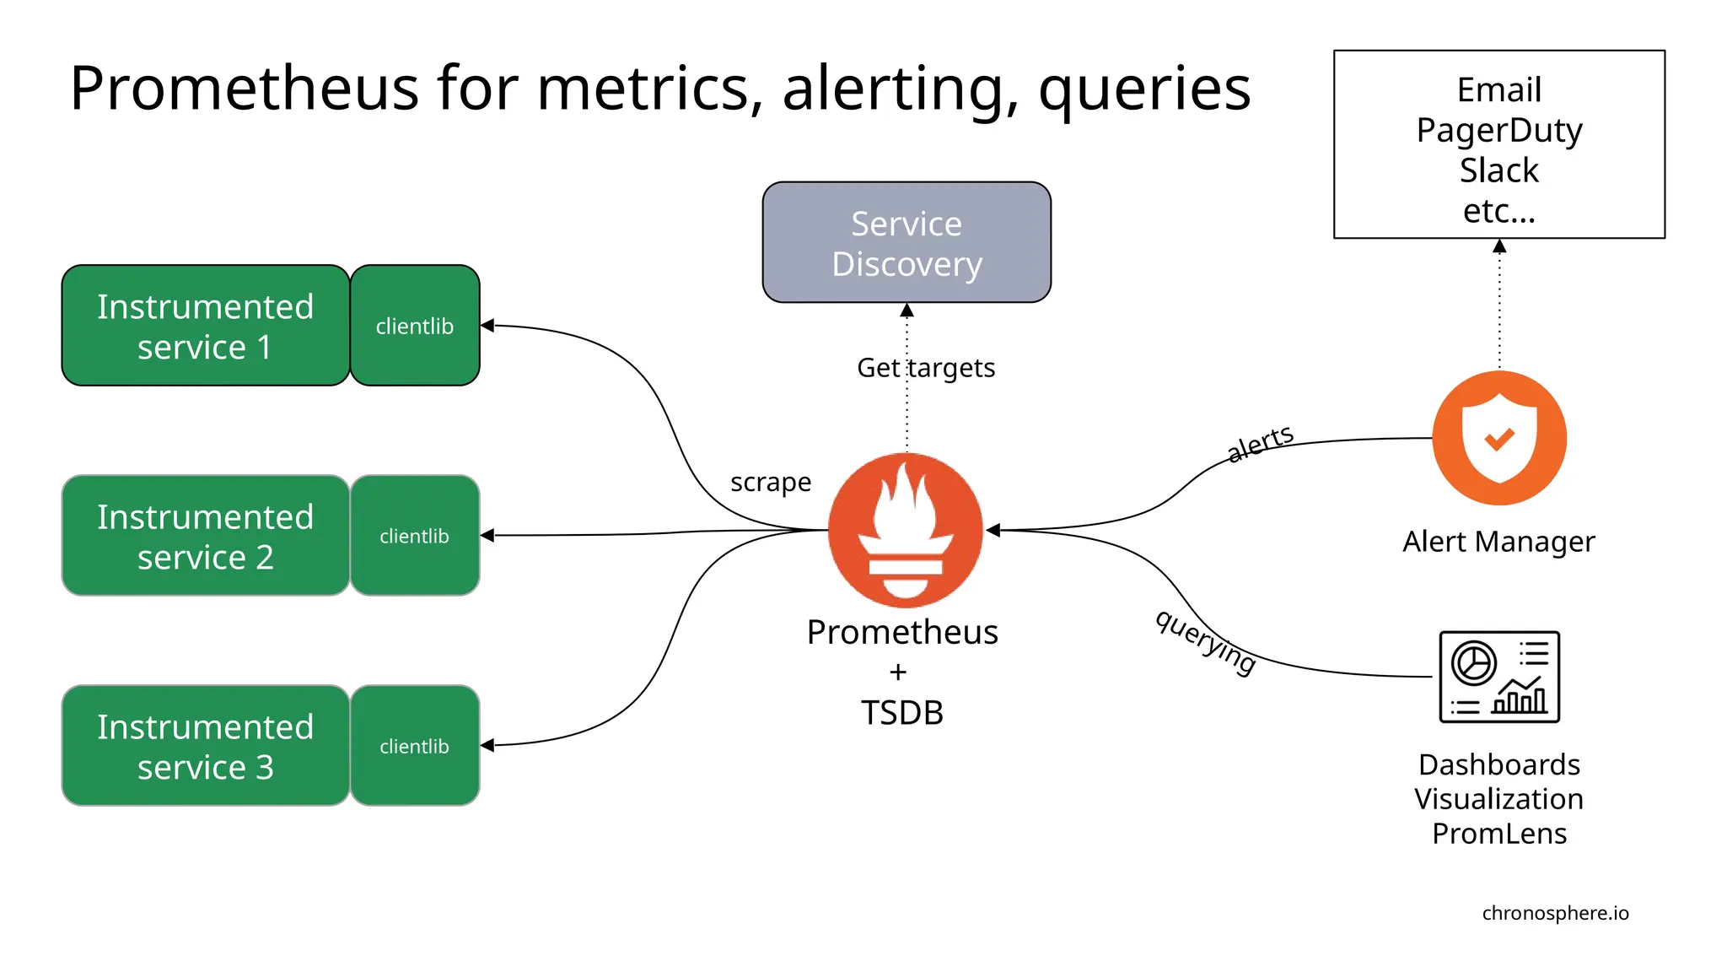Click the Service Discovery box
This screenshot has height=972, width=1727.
point(907,242)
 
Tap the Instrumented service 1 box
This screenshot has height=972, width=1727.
point(205,326)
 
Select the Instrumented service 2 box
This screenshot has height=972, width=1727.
point(205,536)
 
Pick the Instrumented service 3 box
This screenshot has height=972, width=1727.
point(205,746)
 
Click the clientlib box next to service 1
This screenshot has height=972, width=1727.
point(415,326)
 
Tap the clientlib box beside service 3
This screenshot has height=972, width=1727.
point(415,746)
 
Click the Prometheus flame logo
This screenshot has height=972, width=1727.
point(906,530)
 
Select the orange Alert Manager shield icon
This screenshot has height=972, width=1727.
point(1499,438)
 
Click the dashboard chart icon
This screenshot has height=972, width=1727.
point(1499,677)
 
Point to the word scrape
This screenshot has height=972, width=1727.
point(770,482)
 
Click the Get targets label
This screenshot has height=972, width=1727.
point(926,368)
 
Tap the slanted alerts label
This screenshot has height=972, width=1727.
point(1260,443)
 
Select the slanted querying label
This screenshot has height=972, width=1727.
point(1206,642)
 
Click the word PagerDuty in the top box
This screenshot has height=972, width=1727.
point(1499,131)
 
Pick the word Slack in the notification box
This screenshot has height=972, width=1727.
point(1499,170)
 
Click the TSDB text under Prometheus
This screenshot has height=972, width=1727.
point(901,713)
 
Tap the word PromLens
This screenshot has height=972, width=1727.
point(1499,834)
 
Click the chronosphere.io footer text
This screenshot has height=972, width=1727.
point(1555,913)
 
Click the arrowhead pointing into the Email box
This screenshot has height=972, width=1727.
point(1499,246)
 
